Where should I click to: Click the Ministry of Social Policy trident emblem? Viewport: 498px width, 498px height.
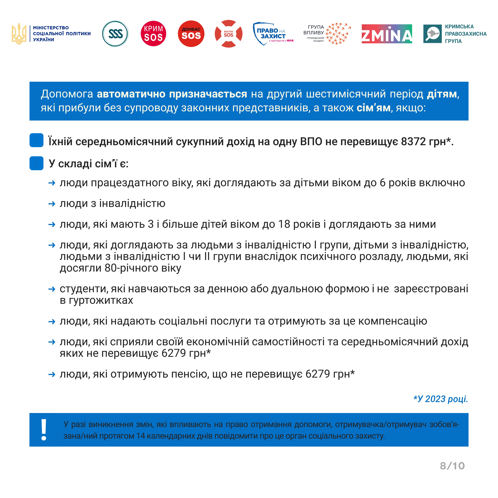[x=19, y=34]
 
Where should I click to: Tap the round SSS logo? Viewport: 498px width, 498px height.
[x=115, y=34]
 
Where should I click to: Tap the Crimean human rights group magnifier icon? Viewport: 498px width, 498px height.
[x=432, y=34]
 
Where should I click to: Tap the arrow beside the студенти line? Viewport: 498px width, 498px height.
[x=52, y=289]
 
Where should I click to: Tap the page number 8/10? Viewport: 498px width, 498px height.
[x=452, y=466]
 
